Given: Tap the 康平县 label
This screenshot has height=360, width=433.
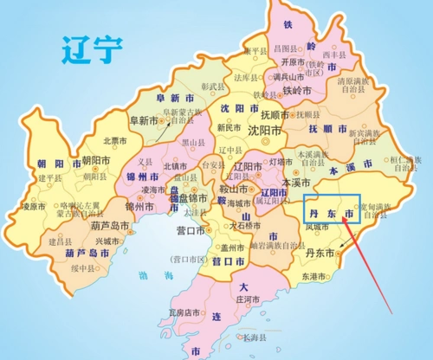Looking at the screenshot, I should pyautogui.click(x=256, y=51).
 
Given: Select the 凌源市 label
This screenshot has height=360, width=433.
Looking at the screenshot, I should pyautogui.click(x=33, y=206).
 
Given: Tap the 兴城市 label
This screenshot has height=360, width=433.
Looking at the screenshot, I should pyautogui.click(x=108, y=241).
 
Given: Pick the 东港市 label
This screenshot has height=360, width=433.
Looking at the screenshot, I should pyautogui.click(x=315, y=275).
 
